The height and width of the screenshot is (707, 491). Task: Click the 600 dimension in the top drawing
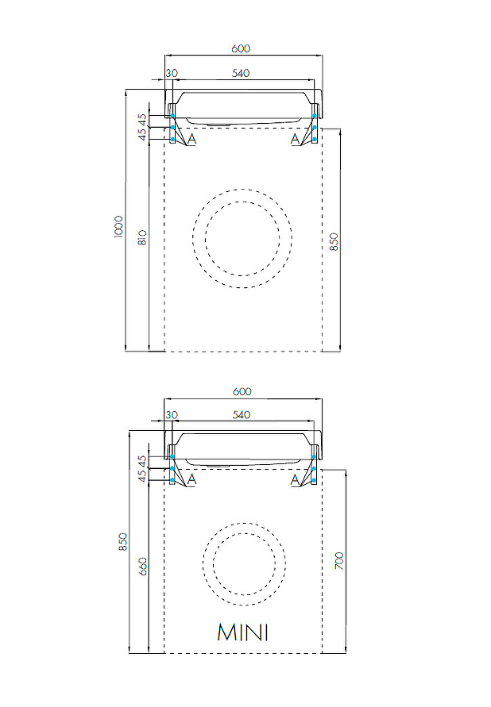tap(241, 48)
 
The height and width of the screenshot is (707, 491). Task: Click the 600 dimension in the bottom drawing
tap(242, 391)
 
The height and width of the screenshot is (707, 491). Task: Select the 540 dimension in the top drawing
tap(241, 73)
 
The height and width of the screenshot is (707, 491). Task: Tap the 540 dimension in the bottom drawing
tap(241, 415)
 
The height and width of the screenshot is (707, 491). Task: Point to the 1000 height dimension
tap(118, 227)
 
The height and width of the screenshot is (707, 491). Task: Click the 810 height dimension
tap(142, 237)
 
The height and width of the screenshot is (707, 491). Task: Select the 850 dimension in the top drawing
tap(334, 242)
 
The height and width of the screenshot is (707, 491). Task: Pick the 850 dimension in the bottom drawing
tap(122, 542)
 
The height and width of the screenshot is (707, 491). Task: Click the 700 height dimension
tap(339, 560)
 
